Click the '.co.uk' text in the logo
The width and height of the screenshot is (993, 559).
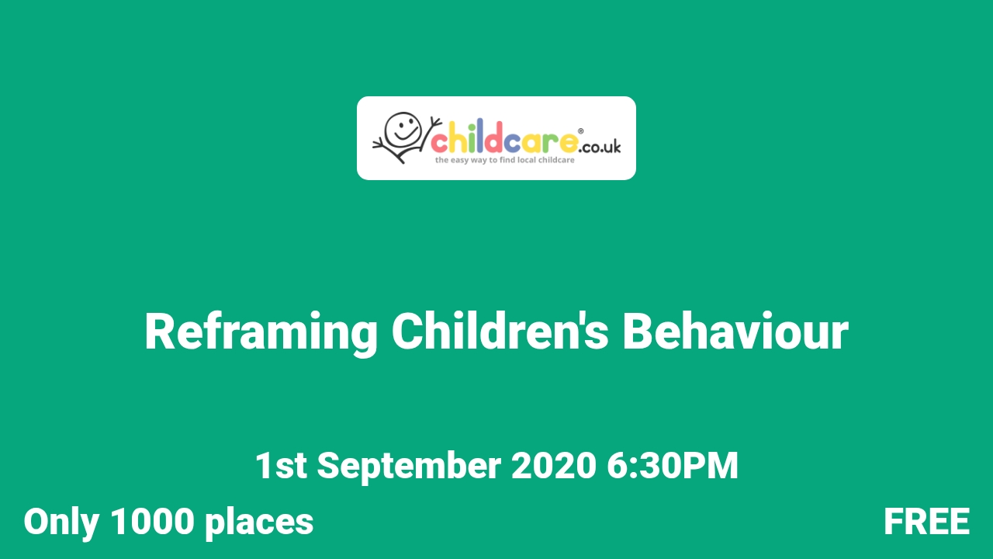point(600,146)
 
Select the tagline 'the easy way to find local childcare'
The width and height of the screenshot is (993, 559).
point(503,160)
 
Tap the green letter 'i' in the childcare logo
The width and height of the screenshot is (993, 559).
point(469,141)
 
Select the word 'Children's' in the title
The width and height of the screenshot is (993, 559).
point(500,332)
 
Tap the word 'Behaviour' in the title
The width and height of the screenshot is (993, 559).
point(735,332)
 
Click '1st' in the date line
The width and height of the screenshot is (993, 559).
point(280,466)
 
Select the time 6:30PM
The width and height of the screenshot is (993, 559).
point(672,466)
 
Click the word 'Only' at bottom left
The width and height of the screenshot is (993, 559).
point(61,523)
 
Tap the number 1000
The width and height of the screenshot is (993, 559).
point(151,522)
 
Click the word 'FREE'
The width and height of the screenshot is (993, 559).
point(926,522)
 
